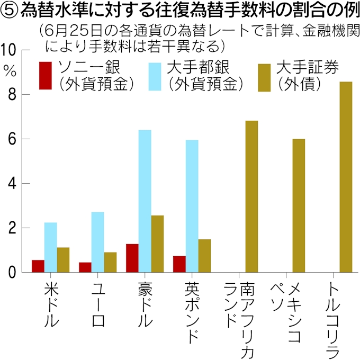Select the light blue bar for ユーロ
(97, 242)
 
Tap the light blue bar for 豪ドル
(145, 201)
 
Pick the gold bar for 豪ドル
(157, 244)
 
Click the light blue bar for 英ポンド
(192, 206)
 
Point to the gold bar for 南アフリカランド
(251, 196)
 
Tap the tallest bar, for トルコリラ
(346, 177)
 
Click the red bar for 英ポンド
(179, 264)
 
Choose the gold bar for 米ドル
(63, 260)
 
